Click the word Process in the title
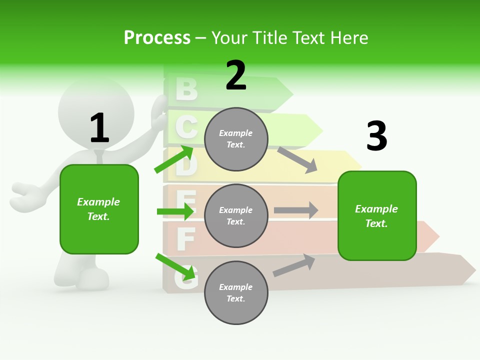pos(157,38)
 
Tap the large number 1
pos(99,128)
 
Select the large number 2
pos(236,76)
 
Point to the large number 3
pos(376,136)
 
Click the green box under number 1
pos(99,209)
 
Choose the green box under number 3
pos(377,215)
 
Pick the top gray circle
pos(236,139)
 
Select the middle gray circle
pos(236,215)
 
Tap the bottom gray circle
pos(236,292)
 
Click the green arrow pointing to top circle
pos(174,159)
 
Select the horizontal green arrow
pos(175,211)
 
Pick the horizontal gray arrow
pos(296,210)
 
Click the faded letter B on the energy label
pos(186,89)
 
